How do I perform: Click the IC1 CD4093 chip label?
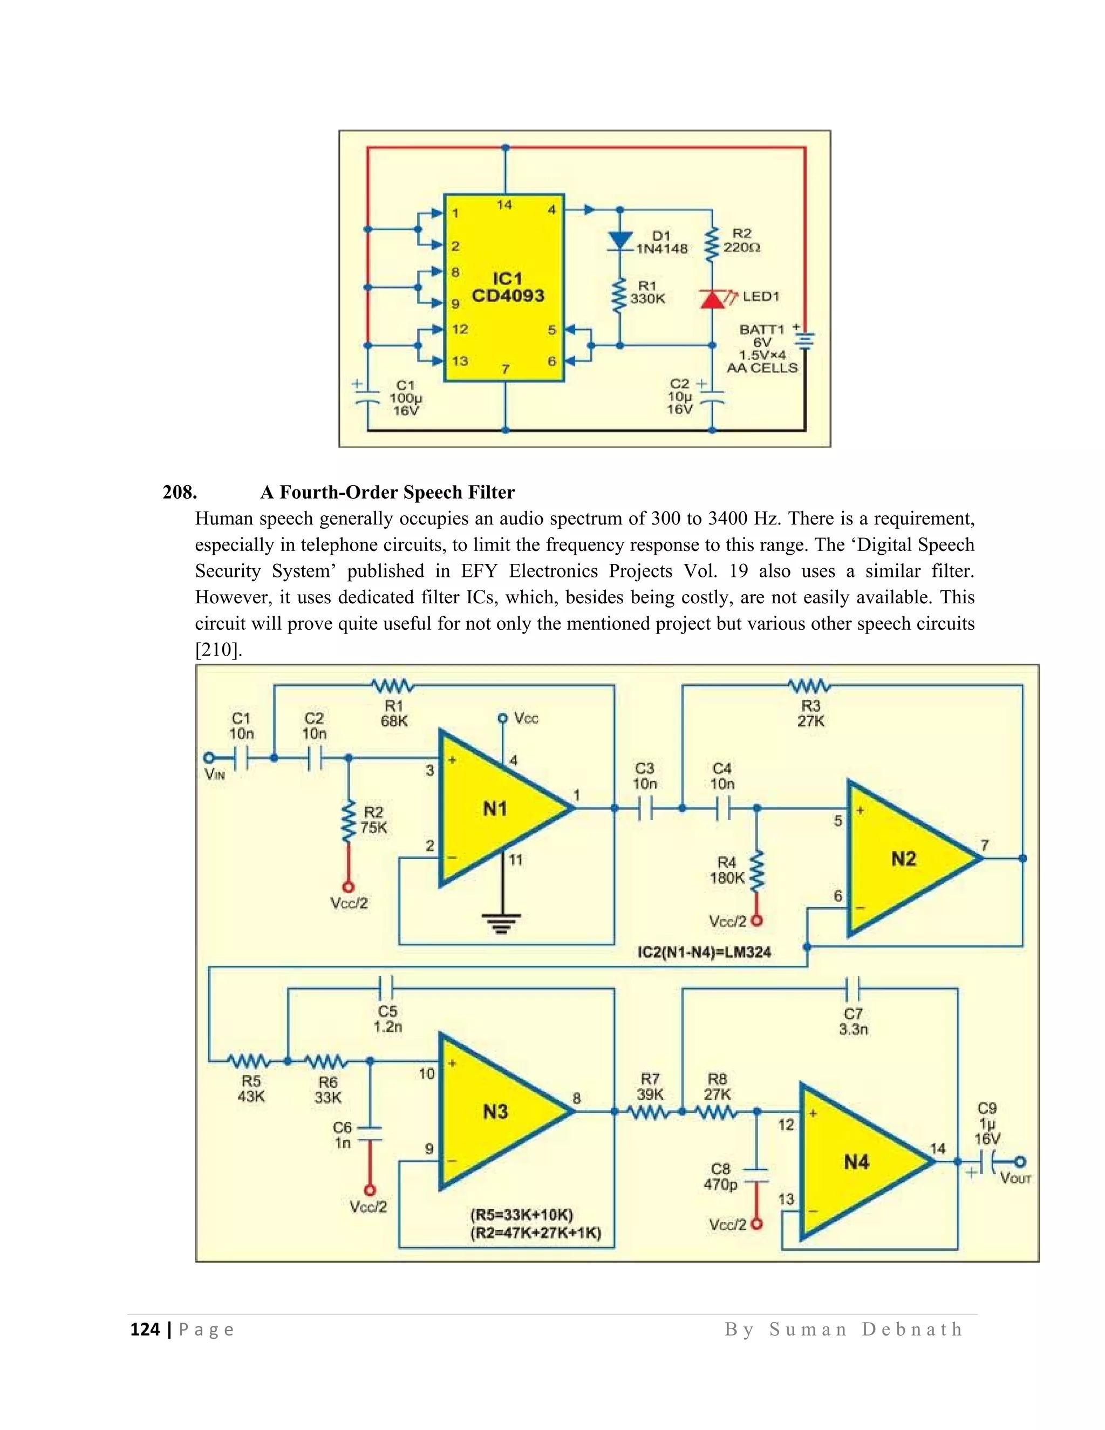pyautogui.click(x=507, y=288)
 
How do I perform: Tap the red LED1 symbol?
pyautogui.click(x=713, y=299)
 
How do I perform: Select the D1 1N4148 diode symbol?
pyautogui.click(x=620, y=240)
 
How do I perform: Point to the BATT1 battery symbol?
pyautogui.click(x=805, y=341)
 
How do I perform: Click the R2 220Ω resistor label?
pyautogui.click(x=742, y=240)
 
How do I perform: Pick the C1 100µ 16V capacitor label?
pyautogui.click(x=405, y=398)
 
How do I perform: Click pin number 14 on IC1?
pyautogui.click(x=504, y=205)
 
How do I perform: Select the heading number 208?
pyautogui.click(x=179, y=492)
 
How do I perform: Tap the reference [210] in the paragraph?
pyautogui.click(x=219, y=650)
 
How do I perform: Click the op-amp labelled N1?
pyautogui.click(x=495, y=809)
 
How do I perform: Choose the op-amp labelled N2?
pyautogui.click(x=903, y=859)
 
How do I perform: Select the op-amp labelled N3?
pyautogui.click(x=495, y=1111)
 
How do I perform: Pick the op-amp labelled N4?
pyautogui.click(x=856, y=1162)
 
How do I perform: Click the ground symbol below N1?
pyautogui.click(x=502, y=923)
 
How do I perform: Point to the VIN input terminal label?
pyautogui.click(x=215, y=774)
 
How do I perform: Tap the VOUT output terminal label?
pyautogui.click(x=1015, y=1179)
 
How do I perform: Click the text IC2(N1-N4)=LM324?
pyautogui.click(x=704, y=952)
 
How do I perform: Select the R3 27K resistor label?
pyautogui.click(x=810, y=713)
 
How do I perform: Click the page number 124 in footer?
pyautogui.click(x=145, y=1330)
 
